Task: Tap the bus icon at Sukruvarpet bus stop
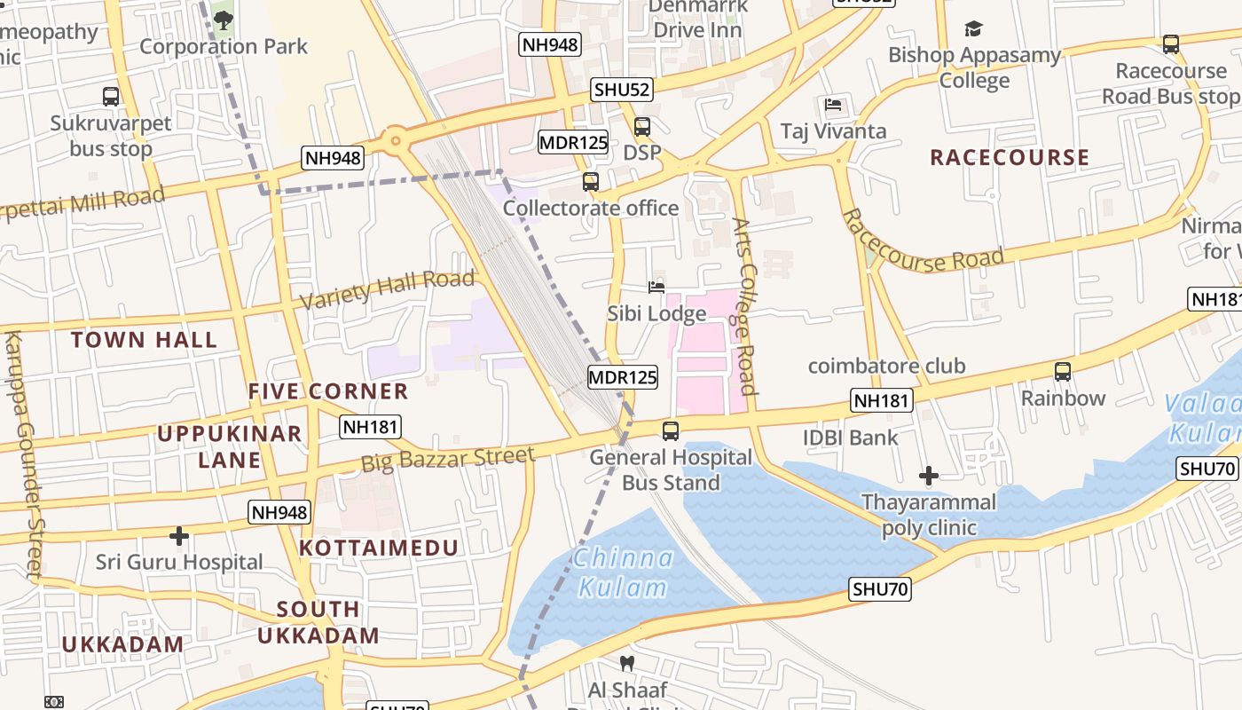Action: (x=111, y=96)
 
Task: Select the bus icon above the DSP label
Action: (x=641, y=126)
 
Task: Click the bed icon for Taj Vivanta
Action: (x=833, y=105)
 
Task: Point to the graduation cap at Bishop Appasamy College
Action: (x=973, y=28)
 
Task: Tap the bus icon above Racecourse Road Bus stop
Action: (x=1170, y=43)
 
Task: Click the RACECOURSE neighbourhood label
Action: (x=1009, y=158)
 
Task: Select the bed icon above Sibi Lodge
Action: (x=656, y=287)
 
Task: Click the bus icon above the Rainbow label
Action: (x=1062, y=371)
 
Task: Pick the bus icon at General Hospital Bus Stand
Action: (x=671, y=431)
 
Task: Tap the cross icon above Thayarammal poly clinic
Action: (x=928, y=477)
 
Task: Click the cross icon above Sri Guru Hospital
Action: (x=179, y=536)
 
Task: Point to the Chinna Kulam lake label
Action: (x=622, y=572)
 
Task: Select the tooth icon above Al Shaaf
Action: (x=626, y=663)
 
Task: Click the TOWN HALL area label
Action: (x=144, y=340)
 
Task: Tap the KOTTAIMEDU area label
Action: (x=379, y=548)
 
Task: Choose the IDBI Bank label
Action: (x=850, y=438)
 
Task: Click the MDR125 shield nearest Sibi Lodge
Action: (x=623, y=377)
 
